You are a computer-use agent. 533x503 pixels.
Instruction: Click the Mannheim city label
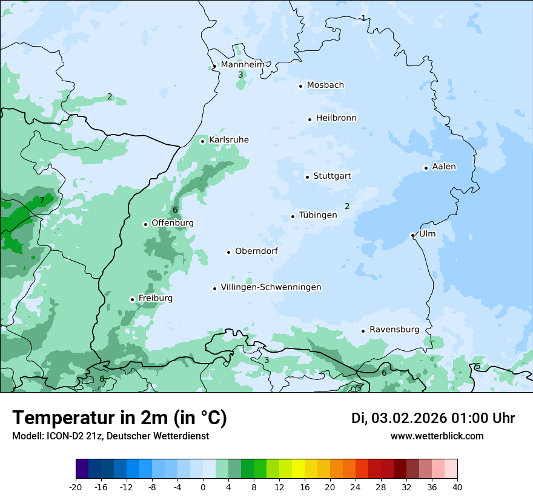(x=242, y=65)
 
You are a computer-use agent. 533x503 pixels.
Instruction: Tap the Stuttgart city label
(x=332, y=176)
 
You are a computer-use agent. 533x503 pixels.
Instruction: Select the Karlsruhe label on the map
(x=228, y=140)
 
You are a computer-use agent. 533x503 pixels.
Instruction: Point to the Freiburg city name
(x=155, y=298)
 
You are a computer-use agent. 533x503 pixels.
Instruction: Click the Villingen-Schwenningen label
(x=271, y=287)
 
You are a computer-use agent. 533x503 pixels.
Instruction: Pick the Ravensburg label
(x=394, y=330)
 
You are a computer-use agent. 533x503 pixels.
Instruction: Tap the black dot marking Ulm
(x=412, y=235)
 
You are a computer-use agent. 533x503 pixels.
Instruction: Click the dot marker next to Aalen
(x=426, y=168)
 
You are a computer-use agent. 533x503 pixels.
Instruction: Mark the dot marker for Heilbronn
(x=310, y=119)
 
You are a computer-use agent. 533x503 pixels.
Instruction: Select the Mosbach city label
(x=325, y=85)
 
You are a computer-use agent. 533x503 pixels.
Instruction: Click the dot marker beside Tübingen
(x=293, y=216)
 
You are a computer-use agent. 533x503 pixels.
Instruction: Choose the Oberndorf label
(x=257, y=251)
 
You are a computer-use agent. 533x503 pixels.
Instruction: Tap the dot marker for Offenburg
(x=145, y=224)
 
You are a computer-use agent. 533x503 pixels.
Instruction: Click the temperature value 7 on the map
(x=42, y=200)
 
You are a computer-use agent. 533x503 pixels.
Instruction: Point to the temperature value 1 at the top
(x=363, y=18)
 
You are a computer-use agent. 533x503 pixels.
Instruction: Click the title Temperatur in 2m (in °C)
(x=119, y=418)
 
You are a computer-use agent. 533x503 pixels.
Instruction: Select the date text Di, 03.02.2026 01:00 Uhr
(x=433, y=418)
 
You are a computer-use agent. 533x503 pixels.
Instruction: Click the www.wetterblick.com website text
(x=437, y=436)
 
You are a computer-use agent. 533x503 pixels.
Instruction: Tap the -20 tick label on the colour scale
(x=76, y=487)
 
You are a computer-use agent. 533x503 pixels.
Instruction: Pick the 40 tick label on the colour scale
(x=457, y=487)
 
